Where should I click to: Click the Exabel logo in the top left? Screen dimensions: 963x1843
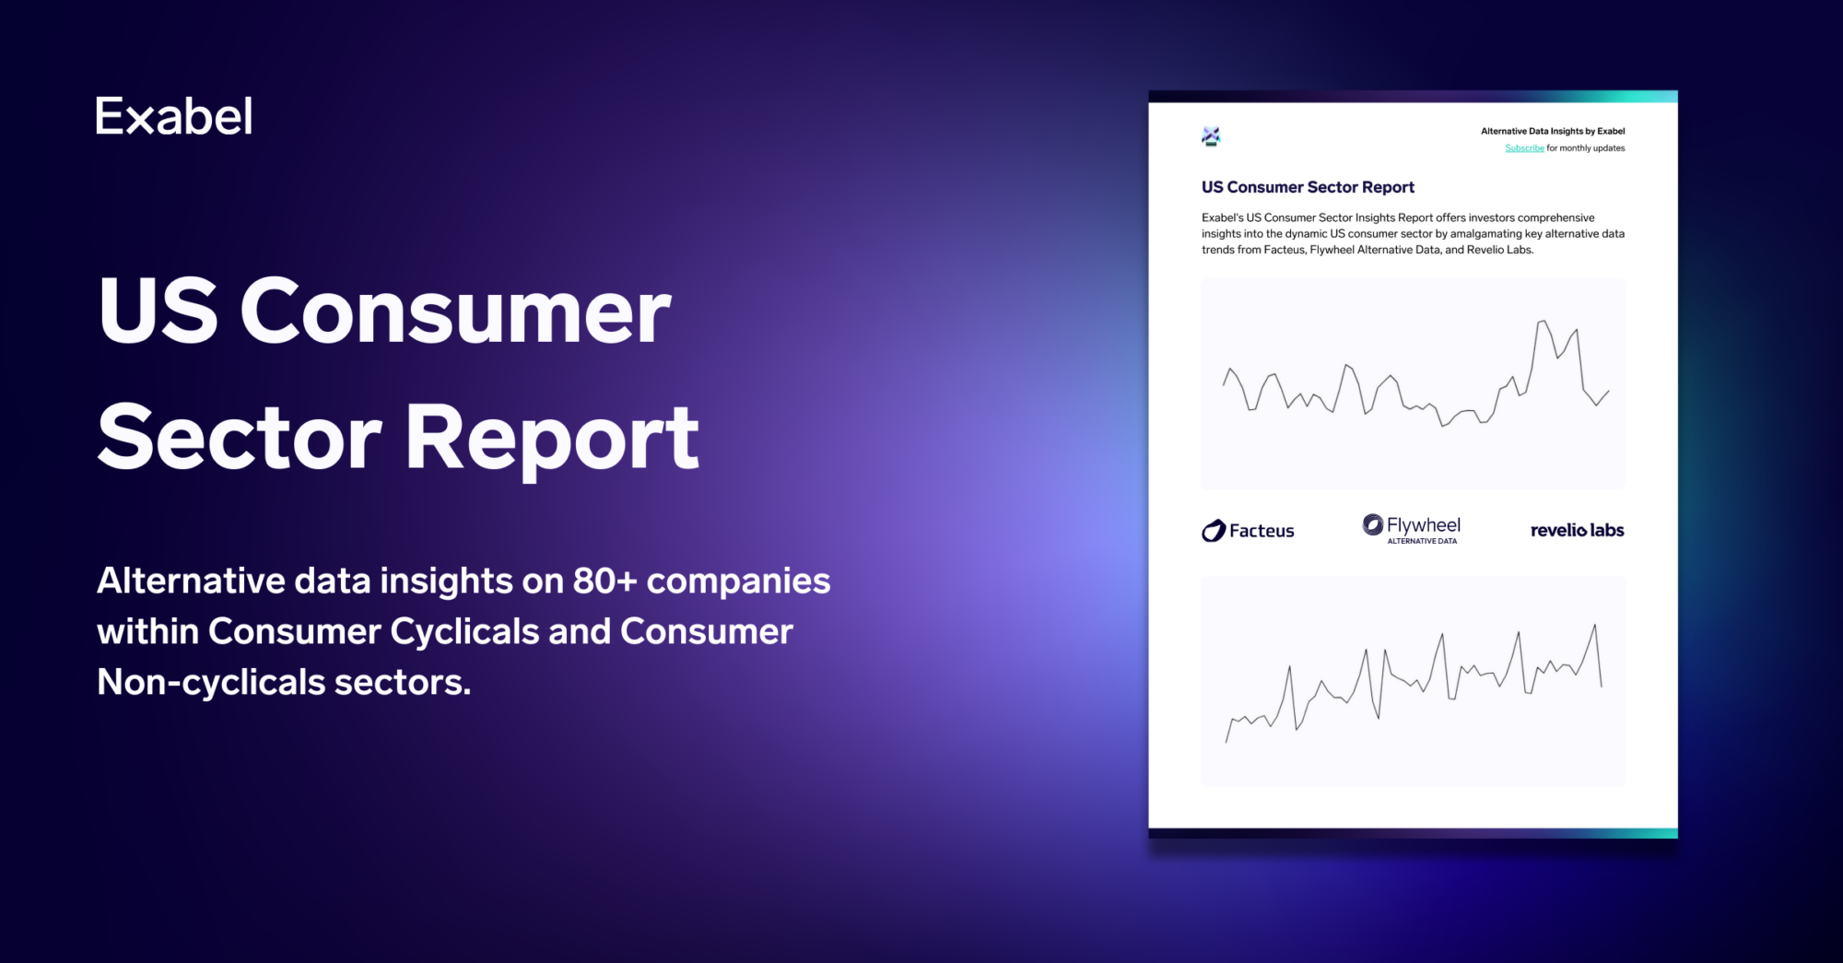(x=173, y=117)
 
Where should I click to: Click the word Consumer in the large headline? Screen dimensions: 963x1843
(x=455, y=311)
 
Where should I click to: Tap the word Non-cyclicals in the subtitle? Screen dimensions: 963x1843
(x=211, y=683)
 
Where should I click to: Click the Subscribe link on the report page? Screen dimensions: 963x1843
(x=1524, y=148)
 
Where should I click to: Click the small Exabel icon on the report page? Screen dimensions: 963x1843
(x=1211, y=136)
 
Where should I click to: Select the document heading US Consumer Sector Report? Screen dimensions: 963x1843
(x=1307, y=187)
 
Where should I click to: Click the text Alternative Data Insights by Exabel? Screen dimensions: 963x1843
(x=1552, y=131)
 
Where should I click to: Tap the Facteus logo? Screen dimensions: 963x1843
(x=1248, y=531)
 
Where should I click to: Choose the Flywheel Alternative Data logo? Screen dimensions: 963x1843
(x=1412, y=529)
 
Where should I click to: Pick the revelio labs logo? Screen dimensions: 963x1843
(x=1577, y=531)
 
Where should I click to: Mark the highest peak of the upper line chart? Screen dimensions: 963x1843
(x=1542, y=322)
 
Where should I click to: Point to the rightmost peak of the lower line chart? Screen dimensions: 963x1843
(x=1594, y=627)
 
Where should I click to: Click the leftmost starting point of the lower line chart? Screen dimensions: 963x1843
(x=1227, y=741)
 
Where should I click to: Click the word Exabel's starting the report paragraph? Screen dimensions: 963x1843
(x=1222, y=218)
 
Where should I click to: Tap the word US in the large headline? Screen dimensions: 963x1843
(x=158, y=311)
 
